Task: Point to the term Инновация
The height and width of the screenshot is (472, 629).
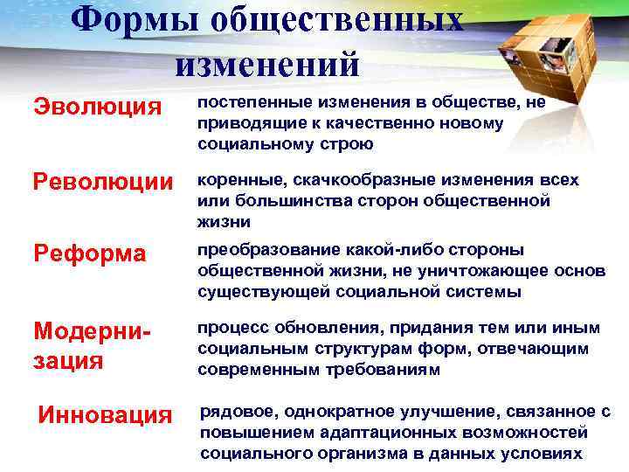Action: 104,414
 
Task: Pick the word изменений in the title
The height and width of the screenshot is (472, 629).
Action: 267,62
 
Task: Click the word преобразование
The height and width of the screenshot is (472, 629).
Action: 261,251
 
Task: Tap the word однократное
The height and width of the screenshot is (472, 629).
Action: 335,412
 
